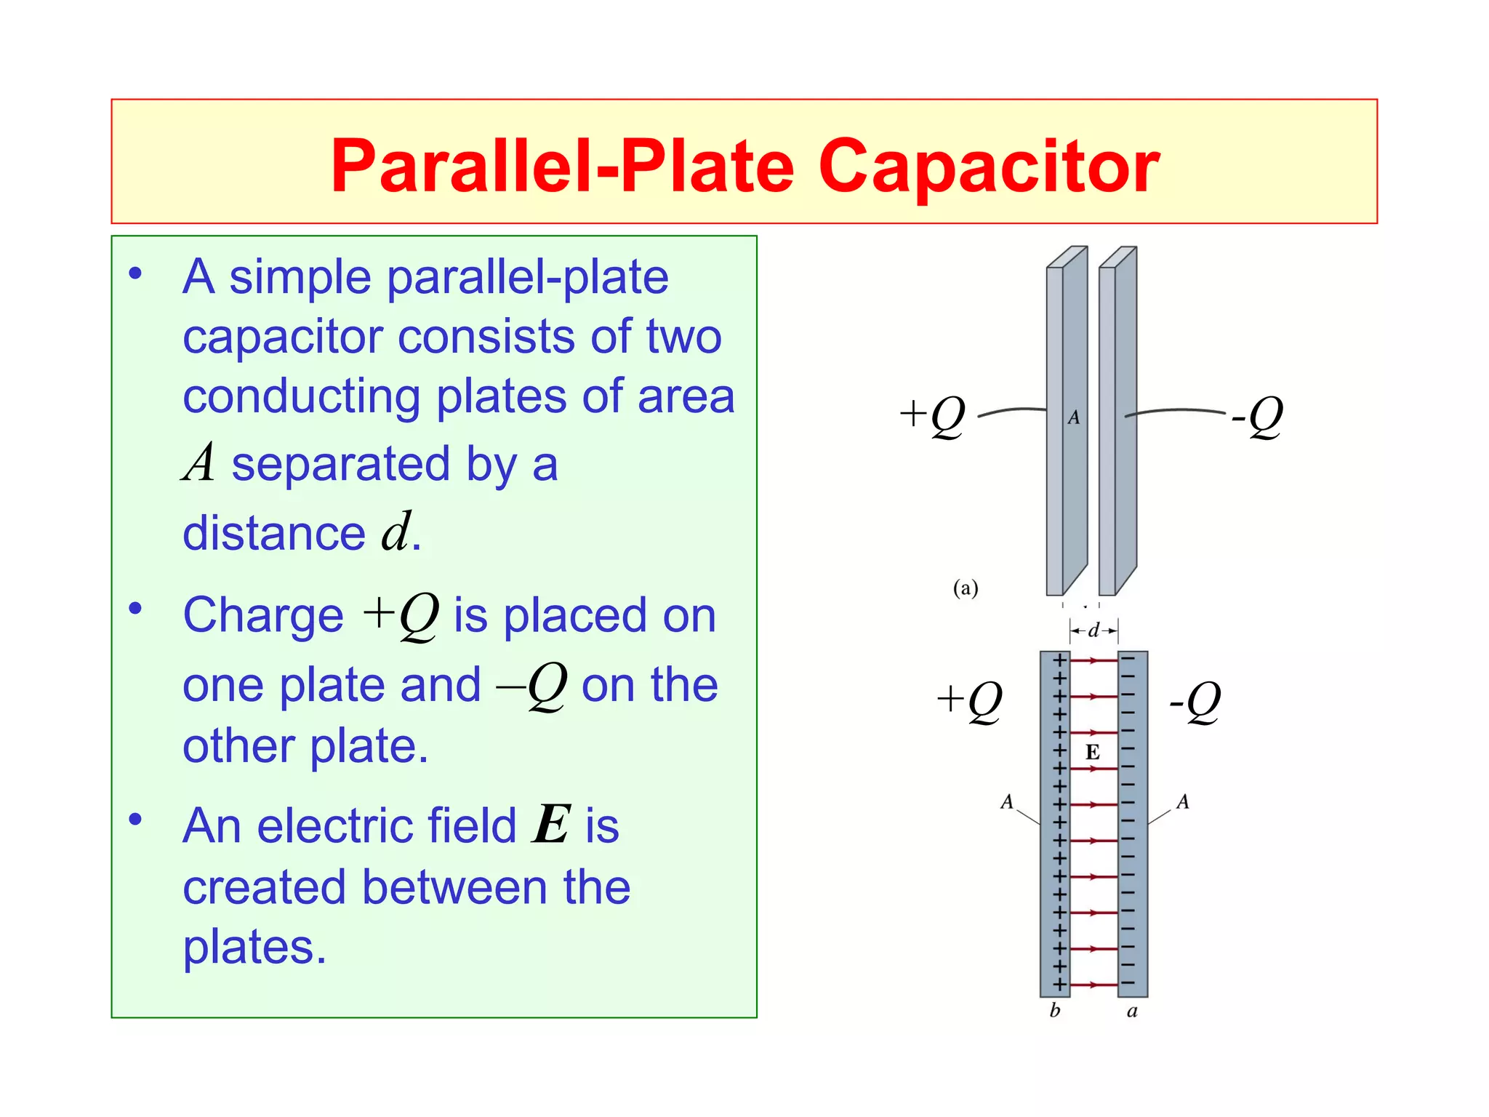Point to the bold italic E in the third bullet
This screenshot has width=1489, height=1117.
click(x=552, y=825)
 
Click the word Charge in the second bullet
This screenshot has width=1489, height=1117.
click(x=263, y=615)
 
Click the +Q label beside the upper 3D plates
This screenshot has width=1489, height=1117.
click(x=932, y=416)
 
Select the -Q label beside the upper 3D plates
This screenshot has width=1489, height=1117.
click(x=1257, y=416)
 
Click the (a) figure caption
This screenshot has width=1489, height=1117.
click(x=966, y=588)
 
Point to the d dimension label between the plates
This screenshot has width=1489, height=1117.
click(x=1093, y=630)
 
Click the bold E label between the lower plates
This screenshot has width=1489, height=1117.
click(x=1092, y=752)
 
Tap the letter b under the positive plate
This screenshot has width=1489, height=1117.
click(x=1055, y=1010)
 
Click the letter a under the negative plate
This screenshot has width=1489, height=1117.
click(x=1132, y=1011)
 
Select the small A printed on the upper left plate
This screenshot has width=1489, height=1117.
click(x=1074, y=417)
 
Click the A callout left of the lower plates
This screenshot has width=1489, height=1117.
click(x=1007, y=801)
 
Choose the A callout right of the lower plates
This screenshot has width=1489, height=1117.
click(x=1183, y=801)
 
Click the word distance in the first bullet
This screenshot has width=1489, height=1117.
click(x=273, y=533)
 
